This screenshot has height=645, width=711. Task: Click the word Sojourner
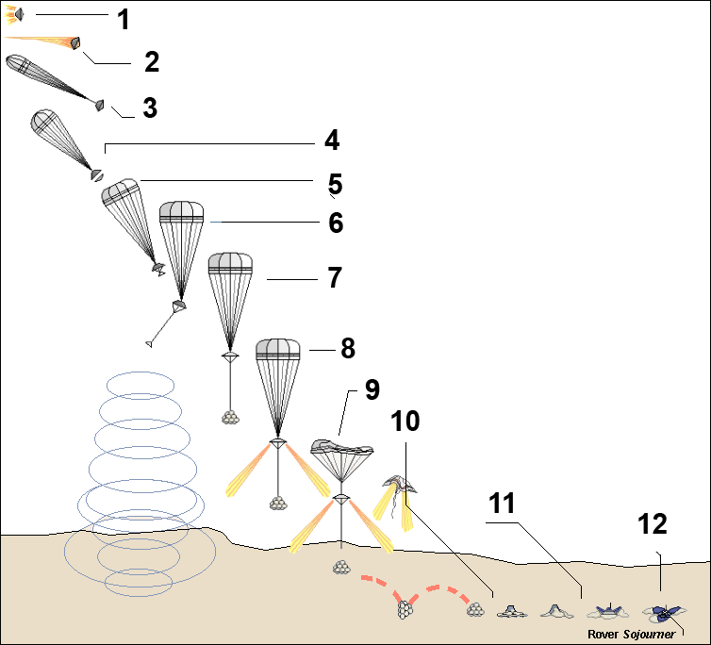point(647,635)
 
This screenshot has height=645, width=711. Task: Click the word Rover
point(602,635)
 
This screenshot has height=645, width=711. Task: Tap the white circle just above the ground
point(557,528)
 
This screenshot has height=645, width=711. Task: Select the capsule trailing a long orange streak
point(71,42)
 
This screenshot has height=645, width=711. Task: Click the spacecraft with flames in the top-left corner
point(13,14)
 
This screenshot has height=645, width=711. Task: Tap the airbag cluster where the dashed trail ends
point(476,611)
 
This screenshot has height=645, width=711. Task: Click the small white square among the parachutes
point(321,283)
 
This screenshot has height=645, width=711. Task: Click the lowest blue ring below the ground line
point(138,583)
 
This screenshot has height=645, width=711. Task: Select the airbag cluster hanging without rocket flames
point(229,416)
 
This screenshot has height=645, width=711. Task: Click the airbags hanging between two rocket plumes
point(277,504)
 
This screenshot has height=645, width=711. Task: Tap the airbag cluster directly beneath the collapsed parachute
point(340,567)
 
